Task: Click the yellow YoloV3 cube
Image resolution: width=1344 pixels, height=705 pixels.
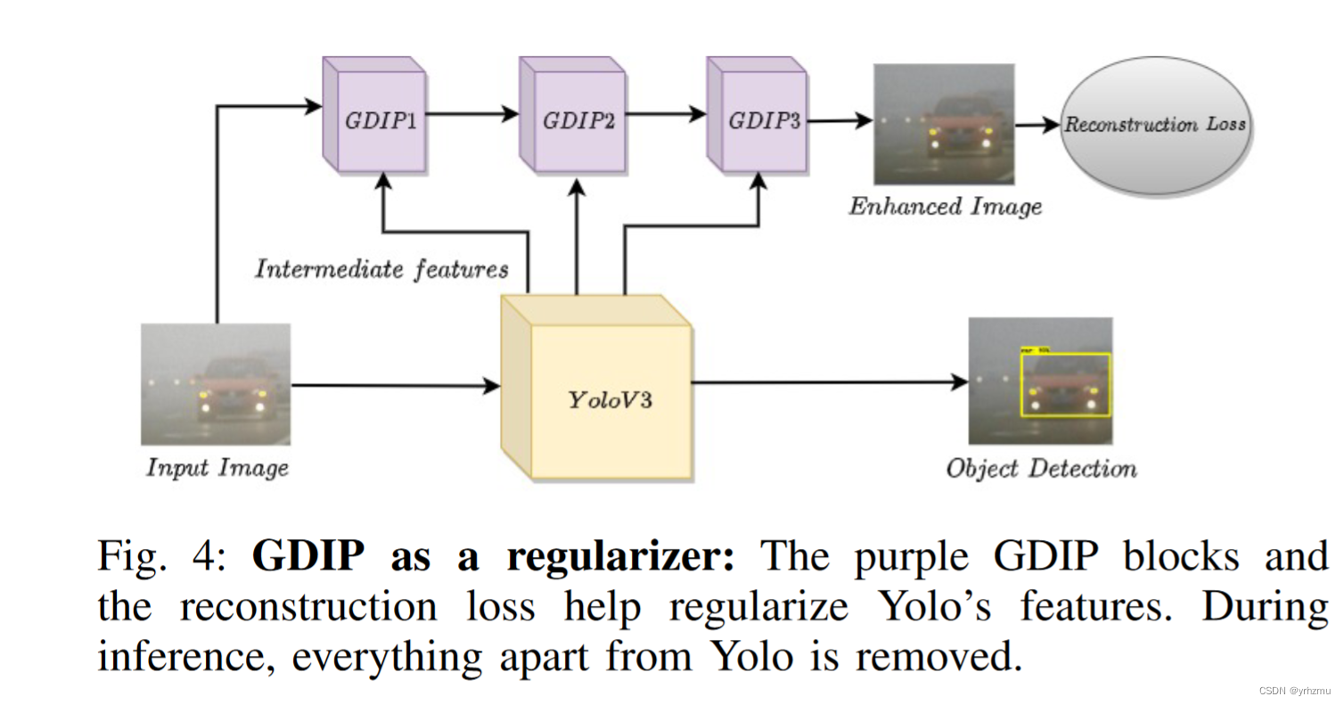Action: (x=610, y=398)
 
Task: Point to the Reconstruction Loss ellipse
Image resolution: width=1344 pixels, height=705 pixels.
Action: (x=1155, y=125)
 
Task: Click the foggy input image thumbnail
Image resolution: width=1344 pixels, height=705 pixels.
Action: (x=216, y=384)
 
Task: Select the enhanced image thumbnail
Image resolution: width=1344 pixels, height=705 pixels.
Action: (x=944, y=123)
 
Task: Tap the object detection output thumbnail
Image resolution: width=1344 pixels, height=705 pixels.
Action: (x=1040, y=381)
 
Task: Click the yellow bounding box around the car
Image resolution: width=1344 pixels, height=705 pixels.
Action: (x=1065, y=384)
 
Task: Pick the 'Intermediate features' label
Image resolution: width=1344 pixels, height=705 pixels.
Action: (x=381, y=268)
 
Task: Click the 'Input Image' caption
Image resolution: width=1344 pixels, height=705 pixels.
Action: (x=217, y=467)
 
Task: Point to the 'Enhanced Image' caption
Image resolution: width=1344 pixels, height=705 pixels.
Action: (x=945, y=207)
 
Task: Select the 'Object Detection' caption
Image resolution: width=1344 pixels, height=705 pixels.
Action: (x=1041, y=469)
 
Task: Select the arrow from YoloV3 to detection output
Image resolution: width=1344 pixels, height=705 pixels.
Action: (x=829, y=382)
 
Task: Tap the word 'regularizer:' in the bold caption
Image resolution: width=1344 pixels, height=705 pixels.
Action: (x=620, y=559)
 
